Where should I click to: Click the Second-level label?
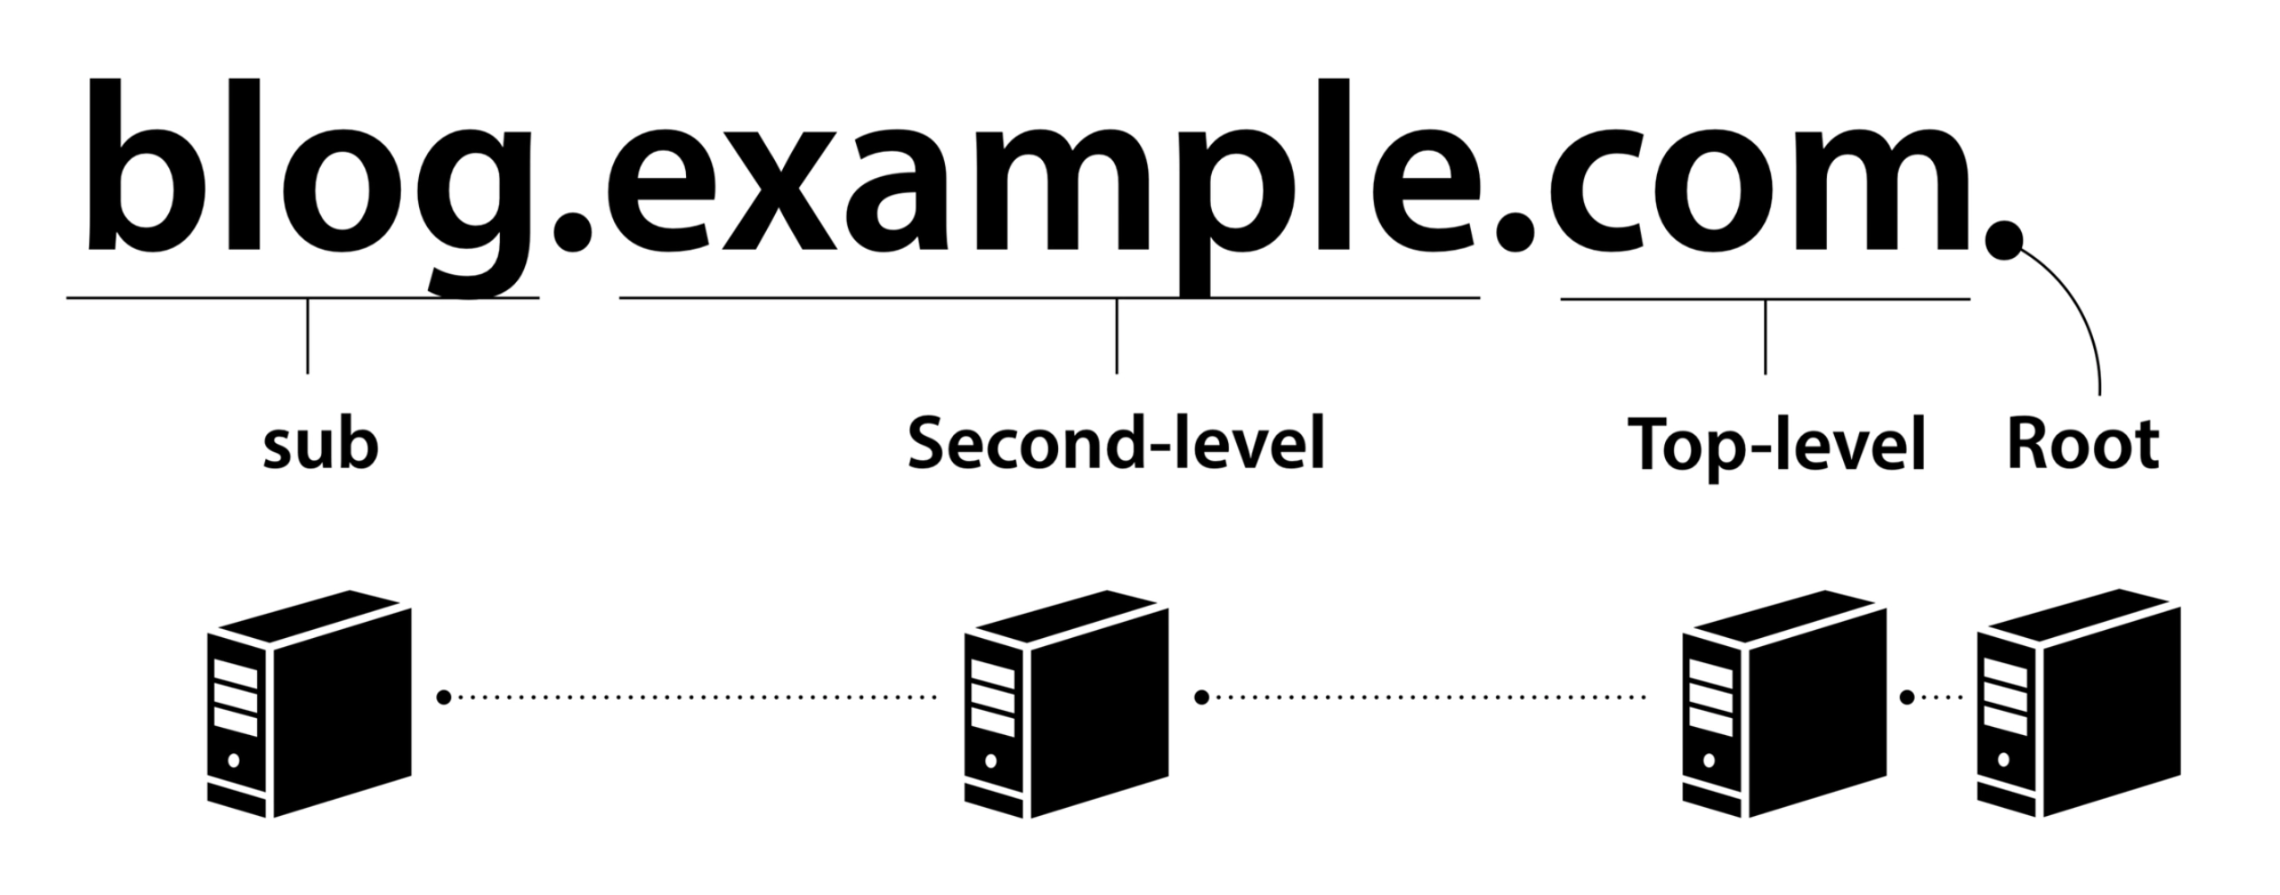click(1116, 442)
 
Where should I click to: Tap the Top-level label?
click(1777, 446)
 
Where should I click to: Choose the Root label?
click(2082, 444)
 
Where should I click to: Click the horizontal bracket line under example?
click(899, 297)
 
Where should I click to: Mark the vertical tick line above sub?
click(307, 336)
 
